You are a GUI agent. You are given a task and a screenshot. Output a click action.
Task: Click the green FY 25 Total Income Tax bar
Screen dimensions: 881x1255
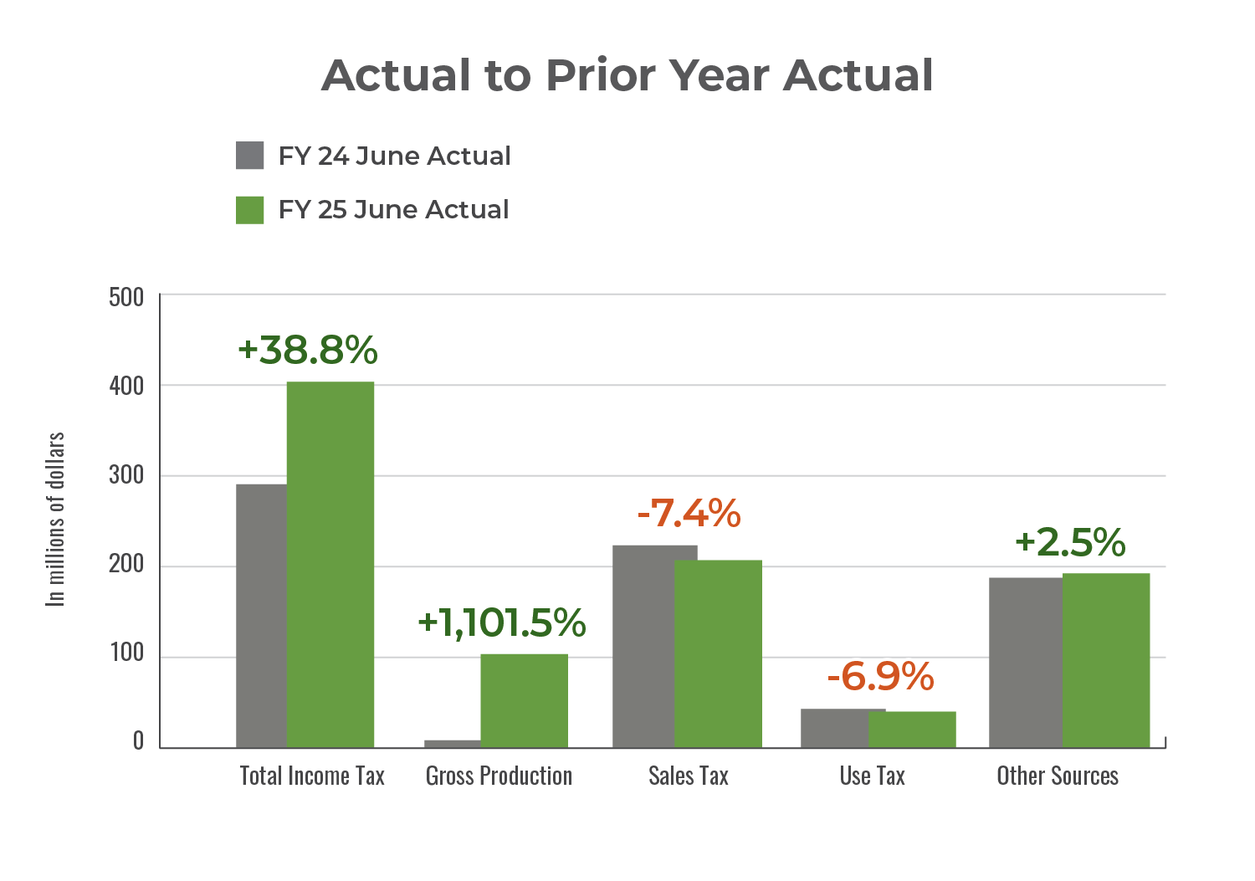point(330,565)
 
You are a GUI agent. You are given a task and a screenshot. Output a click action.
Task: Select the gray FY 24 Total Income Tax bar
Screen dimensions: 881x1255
point(261,615)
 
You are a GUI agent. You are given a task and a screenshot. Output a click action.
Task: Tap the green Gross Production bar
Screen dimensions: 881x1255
point(524,700)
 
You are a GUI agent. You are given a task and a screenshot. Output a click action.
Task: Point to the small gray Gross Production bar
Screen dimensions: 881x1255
point(453,743)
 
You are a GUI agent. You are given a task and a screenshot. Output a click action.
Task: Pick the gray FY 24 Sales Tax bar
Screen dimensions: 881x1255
point(643,646)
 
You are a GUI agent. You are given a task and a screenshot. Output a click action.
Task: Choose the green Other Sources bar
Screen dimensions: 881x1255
point(1106,660)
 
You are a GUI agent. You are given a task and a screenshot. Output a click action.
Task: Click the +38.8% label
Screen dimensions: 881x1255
point(308,350)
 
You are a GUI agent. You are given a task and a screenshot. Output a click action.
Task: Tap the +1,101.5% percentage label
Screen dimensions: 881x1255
point(501,622)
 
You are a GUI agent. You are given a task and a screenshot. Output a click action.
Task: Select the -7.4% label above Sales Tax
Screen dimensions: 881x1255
point(689,513)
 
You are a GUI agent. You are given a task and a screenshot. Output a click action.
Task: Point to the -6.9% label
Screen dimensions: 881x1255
point(880,676)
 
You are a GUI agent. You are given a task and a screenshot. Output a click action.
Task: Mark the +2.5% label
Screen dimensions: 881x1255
point(1070,542)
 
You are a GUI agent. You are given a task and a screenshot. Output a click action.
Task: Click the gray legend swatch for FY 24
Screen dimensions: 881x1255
point(250,156)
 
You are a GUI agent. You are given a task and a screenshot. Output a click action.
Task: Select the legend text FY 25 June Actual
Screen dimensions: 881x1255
point(393,209)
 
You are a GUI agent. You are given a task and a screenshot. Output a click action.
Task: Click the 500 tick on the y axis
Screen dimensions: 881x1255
point(126,297)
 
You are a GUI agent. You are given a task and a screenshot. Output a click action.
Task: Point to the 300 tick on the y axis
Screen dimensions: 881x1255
point(126,476)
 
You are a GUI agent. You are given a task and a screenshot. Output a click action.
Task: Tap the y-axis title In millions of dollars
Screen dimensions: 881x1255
point(55,519)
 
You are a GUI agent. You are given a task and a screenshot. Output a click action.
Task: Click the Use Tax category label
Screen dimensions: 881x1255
point(873,776)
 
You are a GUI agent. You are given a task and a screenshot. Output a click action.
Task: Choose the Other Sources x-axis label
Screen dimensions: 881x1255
point(1058,776)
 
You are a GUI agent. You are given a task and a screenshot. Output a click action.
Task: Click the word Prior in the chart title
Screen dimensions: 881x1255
point(600,75)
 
